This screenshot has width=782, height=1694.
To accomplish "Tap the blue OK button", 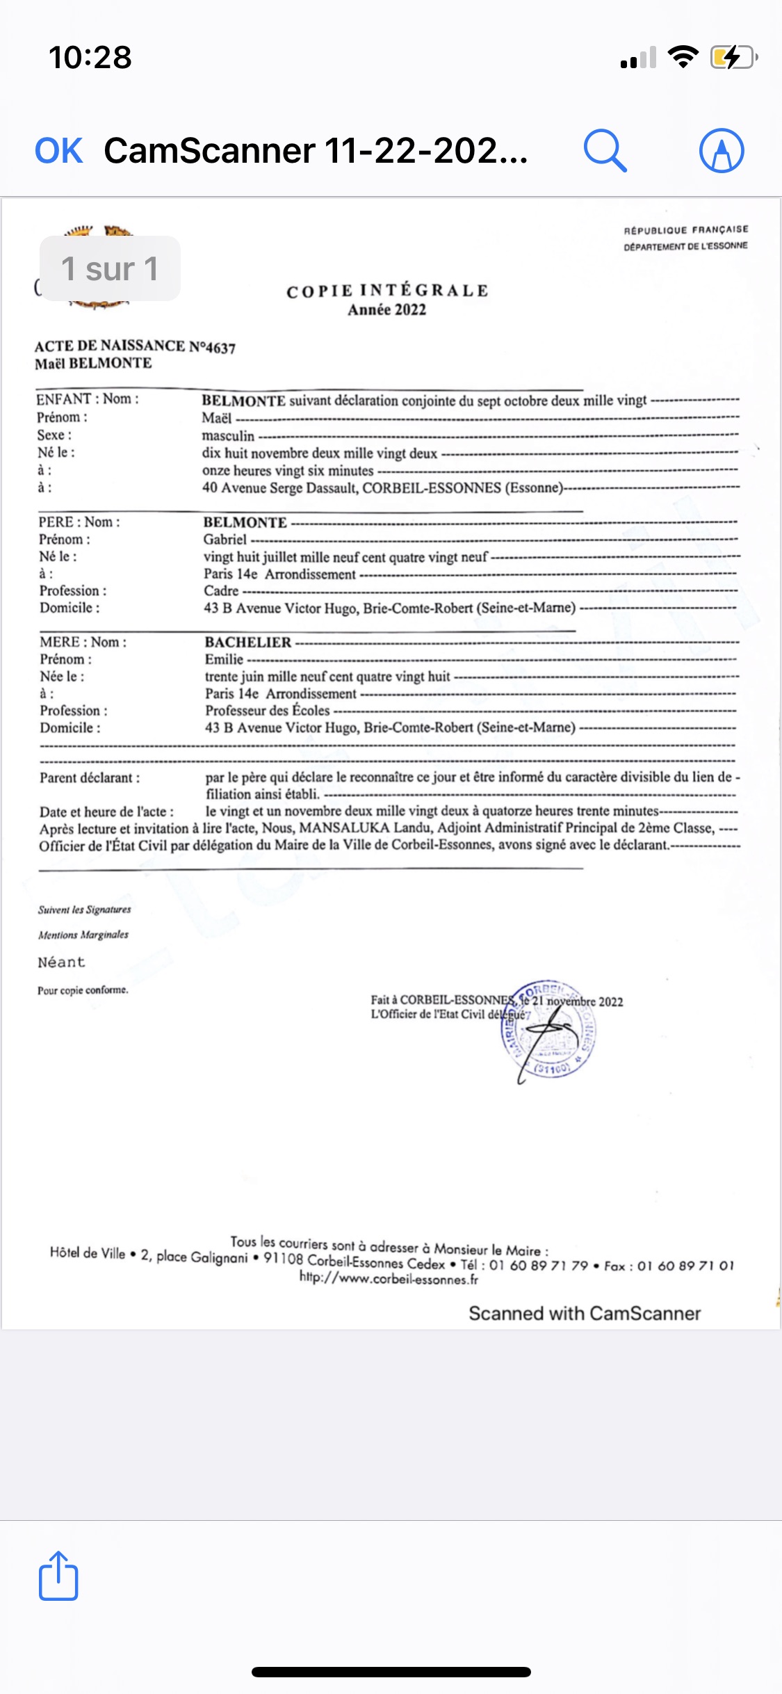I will [59, 151].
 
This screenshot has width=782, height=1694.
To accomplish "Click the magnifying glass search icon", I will [605, 150].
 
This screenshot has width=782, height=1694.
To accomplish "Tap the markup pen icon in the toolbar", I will [722, 150].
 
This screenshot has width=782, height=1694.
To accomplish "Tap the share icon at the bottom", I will [58, 1576].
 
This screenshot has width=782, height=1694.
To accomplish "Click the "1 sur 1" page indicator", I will [110, 269].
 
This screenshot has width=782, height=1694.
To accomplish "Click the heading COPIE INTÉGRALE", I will [387, 291].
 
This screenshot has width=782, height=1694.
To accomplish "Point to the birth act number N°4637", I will [213, 347].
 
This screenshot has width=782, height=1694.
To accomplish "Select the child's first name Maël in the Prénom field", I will [217, 418].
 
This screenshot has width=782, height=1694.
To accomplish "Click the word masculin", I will [228, 436].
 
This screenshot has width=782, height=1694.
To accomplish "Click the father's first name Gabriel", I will [225, 540].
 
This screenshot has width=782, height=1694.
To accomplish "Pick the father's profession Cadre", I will [221, 591].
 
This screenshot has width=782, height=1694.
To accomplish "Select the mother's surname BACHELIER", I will [248, 643].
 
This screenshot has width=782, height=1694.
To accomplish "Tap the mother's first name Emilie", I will [224, 659].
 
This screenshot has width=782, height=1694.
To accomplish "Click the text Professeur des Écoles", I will [268, 711].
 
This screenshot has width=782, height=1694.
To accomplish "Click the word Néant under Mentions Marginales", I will [61, 962].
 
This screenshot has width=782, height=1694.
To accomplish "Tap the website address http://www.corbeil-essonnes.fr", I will [389, 1279].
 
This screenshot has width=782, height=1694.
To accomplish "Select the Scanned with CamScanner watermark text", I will [585, 1313].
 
